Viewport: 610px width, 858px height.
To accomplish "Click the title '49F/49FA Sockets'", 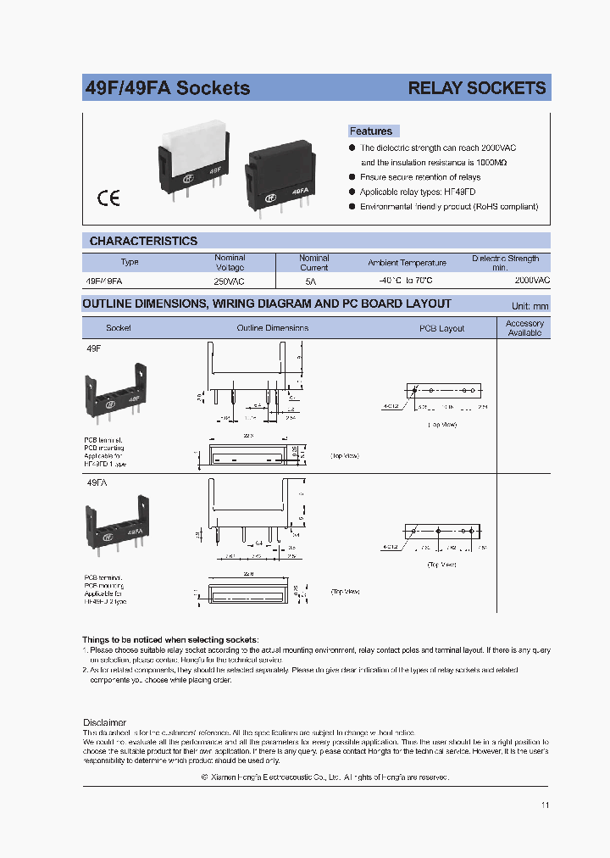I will pyautogui.click(x=168, y=88).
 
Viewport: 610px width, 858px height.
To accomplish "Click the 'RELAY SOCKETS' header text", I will pyautogui.click(x=476, y=88).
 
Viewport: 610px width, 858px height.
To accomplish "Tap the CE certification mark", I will pyautogui.click(x=108, y=198).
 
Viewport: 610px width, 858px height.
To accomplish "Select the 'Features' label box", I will pyautogui.click(x=372, y=131).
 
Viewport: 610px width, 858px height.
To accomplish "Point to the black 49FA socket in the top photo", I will pyautogui.click(x=279, y=179).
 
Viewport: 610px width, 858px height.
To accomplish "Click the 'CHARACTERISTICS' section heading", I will pyautogui.click(x=143, y=241).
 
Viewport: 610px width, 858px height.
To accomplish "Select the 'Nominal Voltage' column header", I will pyautogui.click(x=230, y=262).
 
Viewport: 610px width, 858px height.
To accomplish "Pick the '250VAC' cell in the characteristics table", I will pyautogui.click(x=230, y=279).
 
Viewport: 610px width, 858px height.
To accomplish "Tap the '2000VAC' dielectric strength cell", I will pyautogui.click(x=531, y=279).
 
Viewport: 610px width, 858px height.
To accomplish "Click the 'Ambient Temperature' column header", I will pyautogui.click(x=407, y=263).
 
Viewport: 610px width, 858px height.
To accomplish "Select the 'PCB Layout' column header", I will pyautogui.click(x=441, y=328).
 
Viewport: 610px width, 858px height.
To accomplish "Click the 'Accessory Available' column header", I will pyautogui.click(x=524, y=328).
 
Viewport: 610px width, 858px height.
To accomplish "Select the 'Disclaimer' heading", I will pyautogui.click(x=104, y=722).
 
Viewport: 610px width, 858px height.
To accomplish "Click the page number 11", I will pyautogui.click(x=544, y=805).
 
